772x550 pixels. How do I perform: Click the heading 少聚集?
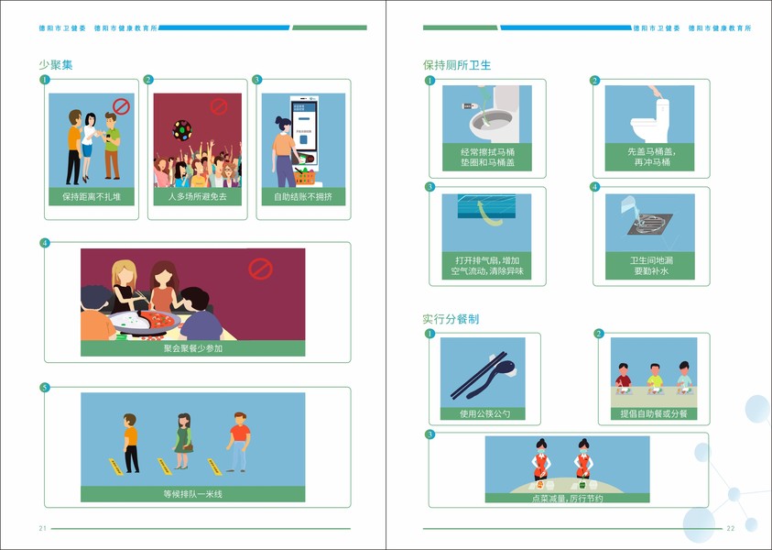(56, 64)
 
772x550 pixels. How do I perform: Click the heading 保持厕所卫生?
(457, 65)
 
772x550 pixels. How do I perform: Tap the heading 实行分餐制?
(451, 319)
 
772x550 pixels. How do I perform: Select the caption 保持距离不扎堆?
(92, 197)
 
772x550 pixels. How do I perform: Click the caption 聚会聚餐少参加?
(193, 348)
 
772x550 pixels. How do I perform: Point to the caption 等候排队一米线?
(193, 494)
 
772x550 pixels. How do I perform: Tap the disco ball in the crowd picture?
(182, 130)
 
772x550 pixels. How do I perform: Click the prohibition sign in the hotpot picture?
(260, 269)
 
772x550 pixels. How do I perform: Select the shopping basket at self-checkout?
(304, 176)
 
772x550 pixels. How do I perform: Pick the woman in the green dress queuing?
(183, 441)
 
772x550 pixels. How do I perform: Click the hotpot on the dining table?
(145, 322)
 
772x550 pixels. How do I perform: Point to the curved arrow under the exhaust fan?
(489, 214)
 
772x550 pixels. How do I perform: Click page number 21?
(43, 528)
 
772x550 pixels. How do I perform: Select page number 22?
(731, 528)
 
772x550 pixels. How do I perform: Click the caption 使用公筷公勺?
(485, 414)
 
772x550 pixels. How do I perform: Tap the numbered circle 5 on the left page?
(45, 388)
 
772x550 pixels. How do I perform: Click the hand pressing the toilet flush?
(656, 93)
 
